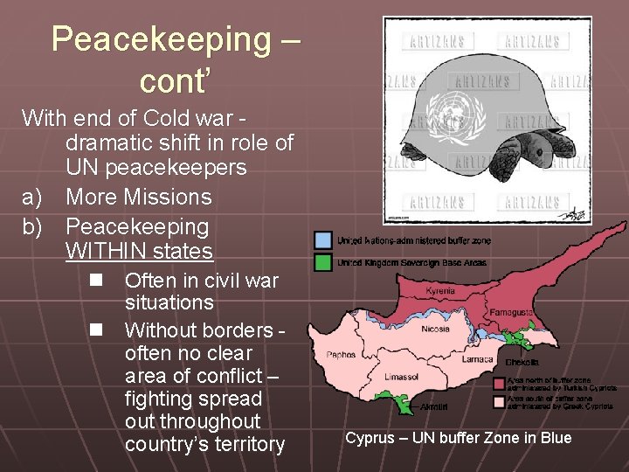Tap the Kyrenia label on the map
tap(440, 290)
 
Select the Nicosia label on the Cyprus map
tap(435, 329)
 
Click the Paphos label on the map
tap(341, 355)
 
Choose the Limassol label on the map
tap(402, 377)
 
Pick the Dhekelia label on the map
tap(522, 361)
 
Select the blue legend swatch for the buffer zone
tap(323, 240)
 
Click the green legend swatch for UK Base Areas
tap(323, 260)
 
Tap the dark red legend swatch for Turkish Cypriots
tap(499, 383)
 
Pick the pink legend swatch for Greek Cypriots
tap(499, 402)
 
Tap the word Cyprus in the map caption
tap(370, 438)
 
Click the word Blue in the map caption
tap(555, 438)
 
